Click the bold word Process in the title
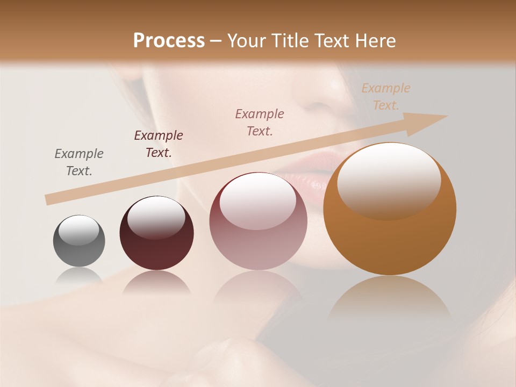coord(169,41)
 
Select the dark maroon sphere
coord(156,234)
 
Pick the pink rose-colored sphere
coord(258,221)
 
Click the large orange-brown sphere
coord(390,210)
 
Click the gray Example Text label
coord(79,162)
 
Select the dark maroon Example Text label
coord(159,144)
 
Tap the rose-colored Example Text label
coord(260,122)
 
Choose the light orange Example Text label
coord(386,97)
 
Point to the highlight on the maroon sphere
coord(156,216)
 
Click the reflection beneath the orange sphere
coord(390,298)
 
